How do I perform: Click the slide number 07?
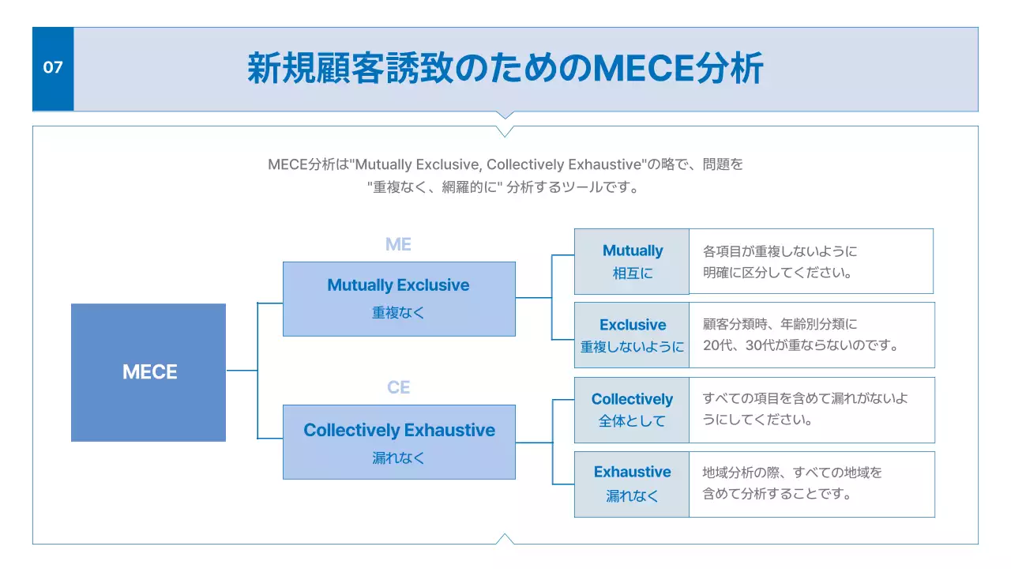53,68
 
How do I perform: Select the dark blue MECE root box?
148,372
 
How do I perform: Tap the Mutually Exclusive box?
399,299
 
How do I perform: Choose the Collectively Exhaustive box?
399,442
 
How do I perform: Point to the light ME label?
398,244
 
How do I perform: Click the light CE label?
398,387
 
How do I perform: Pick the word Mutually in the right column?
632,251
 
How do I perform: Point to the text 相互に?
632,273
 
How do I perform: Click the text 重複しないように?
632,347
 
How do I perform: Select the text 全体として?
632,421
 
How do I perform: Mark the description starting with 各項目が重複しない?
780,262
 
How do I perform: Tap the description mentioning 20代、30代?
801,334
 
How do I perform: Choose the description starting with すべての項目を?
805,409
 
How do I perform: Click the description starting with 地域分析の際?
791,483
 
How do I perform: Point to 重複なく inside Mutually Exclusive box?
399,312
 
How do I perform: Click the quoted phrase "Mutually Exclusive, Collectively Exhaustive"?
498,165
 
